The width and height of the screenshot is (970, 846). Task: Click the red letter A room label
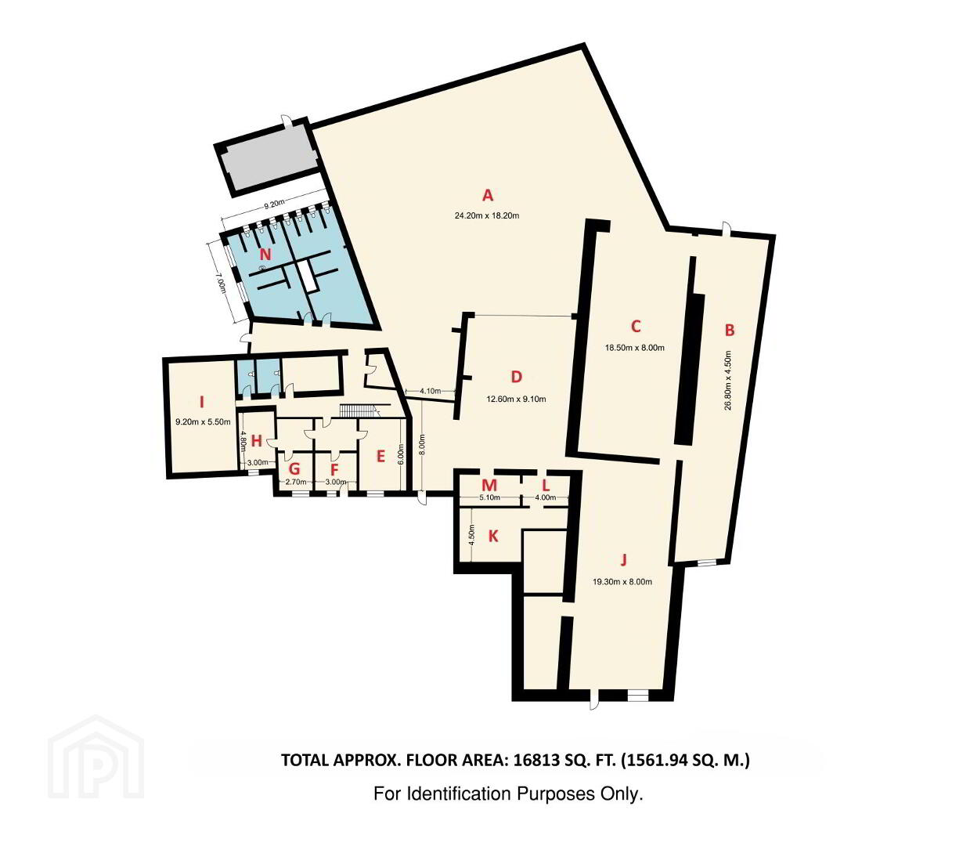[488, 195]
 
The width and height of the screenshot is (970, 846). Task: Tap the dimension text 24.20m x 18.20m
[487, 215]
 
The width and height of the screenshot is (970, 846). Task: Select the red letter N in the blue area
[265, 255]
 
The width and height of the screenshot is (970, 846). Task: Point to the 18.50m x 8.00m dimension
[634, 348]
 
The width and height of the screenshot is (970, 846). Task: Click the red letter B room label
[730, 330]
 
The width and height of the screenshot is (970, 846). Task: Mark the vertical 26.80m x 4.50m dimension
[729, 380]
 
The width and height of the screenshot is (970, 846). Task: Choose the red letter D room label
[516, 377]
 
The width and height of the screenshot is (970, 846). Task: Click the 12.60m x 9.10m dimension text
[516, 399]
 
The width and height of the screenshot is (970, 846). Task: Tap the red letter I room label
[202, 403]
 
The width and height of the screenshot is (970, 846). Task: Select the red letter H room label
[257, 441]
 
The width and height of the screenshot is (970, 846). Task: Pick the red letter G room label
[294, 469]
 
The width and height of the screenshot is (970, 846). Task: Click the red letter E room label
[380, 456]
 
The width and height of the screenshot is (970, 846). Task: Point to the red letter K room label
[493, 537]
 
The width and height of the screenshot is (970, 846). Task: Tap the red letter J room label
[623, 560]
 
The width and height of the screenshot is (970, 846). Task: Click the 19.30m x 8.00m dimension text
[622, 582]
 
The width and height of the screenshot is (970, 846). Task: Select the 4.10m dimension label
[431, 391]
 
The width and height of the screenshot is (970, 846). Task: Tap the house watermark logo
[96, 757]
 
